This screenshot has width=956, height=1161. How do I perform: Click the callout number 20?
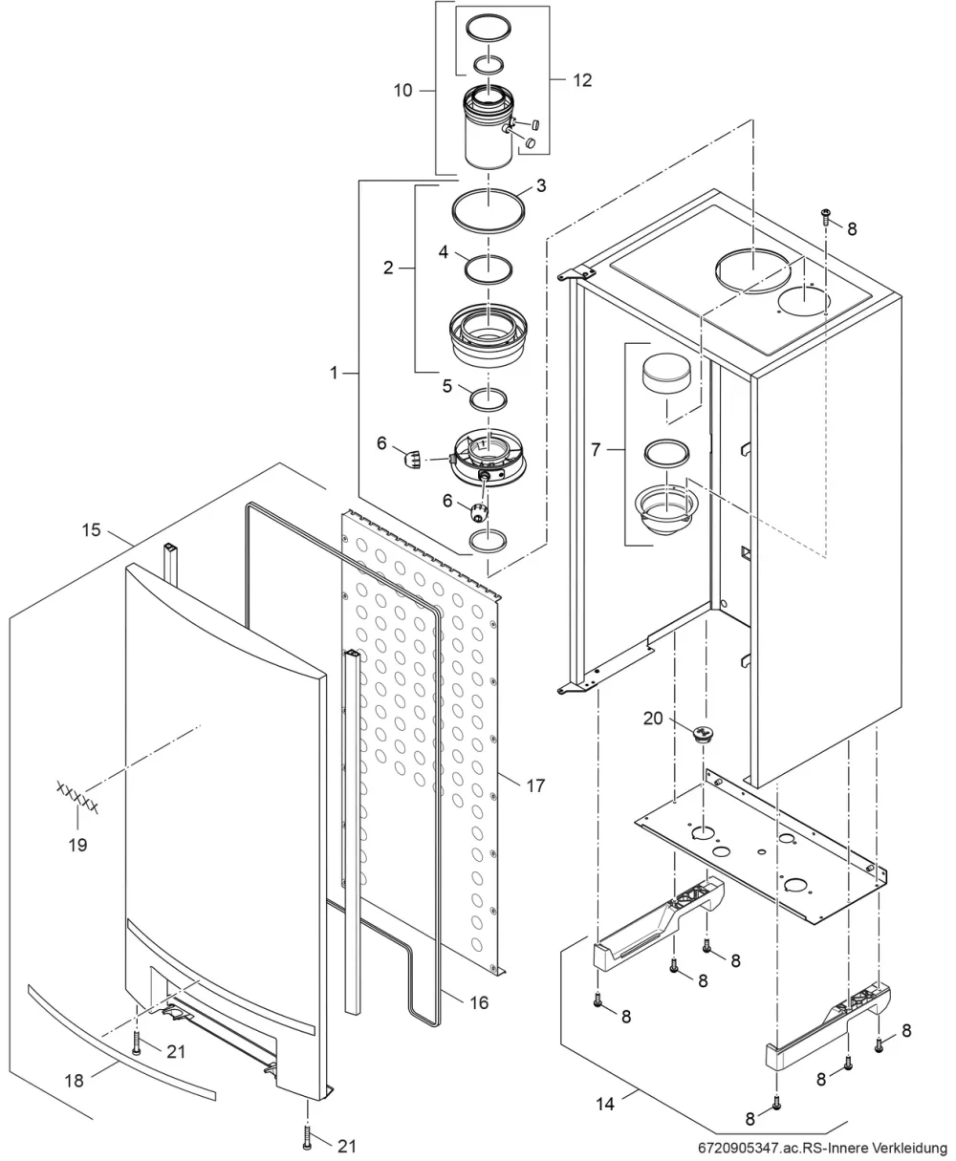[x=653, y=719]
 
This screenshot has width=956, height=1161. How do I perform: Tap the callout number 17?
[x=535, y=785]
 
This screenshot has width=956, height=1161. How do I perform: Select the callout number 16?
[x=479, y=1002]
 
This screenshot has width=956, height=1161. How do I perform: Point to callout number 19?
[x=77, y=845]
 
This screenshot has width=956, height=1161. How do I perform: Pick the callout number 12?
[x=582, y=80]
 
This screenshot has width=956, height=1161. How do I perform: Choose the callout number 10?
[x=402, y=90]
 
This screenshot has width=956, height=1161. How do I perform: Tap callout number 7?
[x=596, y=450]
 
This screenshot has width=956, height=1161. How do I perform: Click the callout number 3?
[x=541, y=185]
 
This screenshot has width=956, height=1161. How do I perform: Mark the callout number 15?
[x=92, y=529]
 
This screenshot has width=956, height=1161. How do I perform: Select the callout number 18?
[x=74, y=1081]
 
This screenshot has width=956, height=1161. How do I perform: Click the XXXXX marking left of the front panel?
[x=77, y=797]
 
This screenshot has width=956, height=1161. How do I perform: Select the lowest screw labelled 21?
[x=307, y=1136]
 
